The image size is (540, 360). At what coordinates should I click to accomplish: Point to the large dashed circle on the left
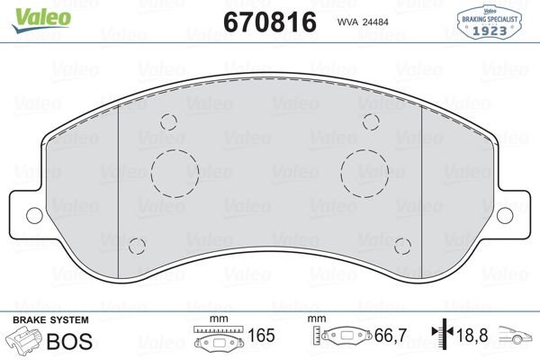point(175,169)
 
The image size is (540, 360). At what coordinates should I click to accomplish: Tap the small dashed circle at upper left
point(167,123)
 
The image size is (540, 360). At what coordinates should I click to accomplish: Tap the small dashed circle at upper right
point(372,123)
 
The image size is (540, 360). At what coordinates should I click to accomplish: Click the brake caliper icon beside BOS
point(24,340)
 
